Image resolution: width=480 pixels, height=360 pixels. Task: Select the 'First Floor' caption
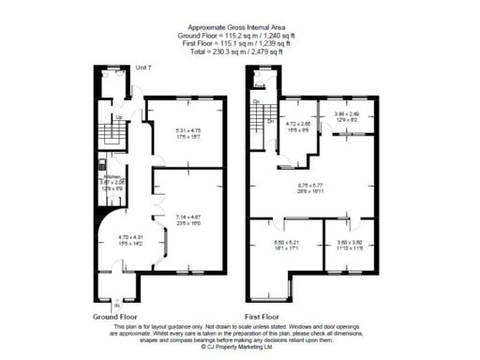(265, 317)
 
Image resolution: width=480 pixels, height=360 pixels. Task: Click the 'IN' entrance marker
(117, 306)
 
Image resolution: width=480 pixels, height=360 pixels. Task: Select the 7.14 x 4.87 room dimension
(188, 219)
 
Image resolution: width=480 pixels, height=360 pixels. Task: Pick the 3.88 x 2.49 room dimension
(348, 117)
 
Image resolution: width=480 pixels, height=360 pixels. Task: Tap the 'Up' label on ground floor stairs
(119, 117)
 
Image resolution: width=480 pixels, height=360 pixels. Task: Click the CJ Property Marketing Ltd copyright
(239, 346)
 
